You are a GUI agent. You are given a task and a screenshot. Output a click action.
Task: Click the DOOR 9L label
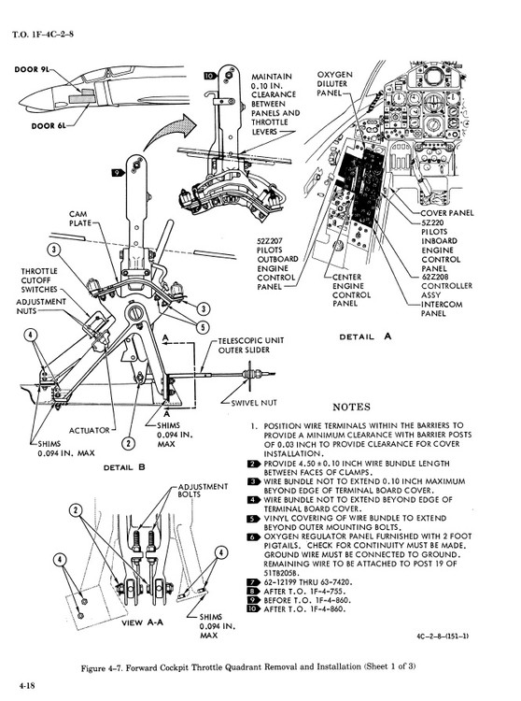point(32,69)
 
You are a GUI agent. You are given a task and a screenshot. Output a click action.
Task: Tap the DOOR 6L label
point(49,126)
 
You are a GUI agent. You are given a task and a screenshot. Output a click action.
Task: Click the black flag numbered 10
point(210,76)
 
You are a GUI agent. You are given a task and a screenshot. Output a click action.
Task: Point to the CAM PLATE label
point(81,218)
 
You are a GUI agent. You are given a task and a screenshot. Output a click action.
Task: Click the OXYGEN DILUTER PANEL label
point(335,83)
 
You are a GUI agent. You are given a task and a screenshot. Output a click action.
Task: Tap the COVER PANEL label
point(447,213)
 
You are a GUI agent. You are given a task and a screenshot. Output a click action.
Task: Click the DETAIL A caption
point(365,336)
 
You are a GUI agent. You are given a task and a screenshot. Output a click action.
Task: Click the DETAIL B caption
point(124,467)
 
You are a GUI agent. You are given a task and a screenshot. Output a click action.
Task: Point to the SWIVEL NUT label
point(254,403)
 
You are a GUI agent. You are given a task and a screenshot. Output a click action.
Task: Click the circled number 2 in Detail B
point(129,443)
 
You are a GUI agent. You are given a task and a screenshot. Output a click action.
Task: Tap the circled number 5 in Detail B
point(204,328)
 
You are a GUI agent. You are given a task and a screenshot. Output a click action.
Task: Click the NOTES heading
point(352,407)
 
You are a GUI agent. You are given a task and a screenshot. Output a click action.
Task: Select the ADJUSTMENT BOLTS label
point(203,491)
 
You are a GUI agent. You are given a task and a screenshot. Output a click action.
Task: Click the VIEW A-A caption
point(143,622)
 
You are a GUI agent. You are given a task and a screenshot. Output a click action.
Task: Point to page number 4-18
point(27,686)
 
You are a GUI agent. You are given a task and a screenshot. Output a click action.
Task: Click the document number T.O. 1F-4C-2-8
point(43,35)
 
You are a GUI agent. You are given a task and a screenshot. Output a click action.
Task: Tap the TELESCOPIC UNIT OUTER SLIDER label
point(251,345)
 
